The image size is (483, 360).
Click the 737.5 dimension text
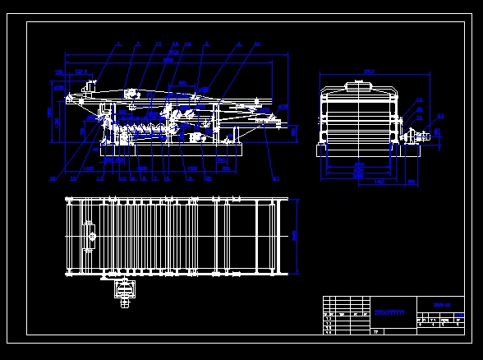pos(81,72)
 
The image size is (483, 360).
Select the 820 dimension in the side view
pos(182,82)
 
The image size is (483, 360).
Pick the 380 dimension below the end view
pos(410,181)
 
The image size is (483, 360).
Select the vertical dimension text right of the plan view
pos(294,234)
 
